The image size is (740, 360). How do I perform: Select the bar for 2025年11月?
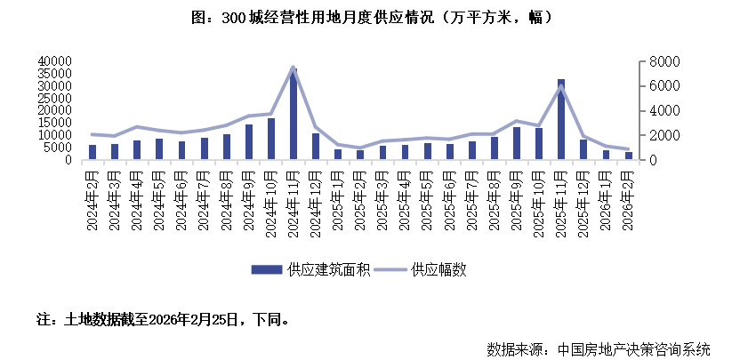tap(561, 119)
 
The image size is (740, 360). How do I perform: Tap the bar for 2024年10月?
tap(271, 139)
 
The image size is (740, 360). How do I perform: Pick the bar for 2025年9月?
tap(517, 143)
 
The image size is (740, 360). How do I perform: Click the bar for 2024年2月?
tap(92, 152)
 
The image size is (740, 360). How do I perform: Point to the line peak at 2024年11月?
tap(294, 67)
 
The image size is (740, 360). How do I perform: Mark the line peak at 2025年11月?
tap(561, 86)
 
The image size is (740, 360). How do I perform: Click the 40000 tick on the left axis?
tap(52, 61)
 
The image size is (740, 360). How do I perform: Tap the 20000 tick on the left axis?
tap(52, 110)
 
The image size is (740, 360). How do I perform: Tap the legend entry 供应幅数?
tap(438, 269)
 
